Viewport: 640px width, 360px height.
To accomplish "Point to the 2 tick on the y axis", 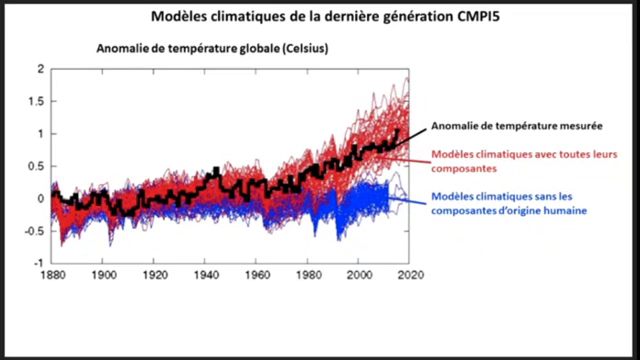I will [x=40, y=69].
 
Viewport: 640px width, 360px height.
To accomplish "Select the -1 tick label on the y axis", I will [x=38, y=262].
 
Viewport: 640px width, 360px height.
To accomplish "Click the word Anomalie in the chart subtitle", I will [x=124, y=48].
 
